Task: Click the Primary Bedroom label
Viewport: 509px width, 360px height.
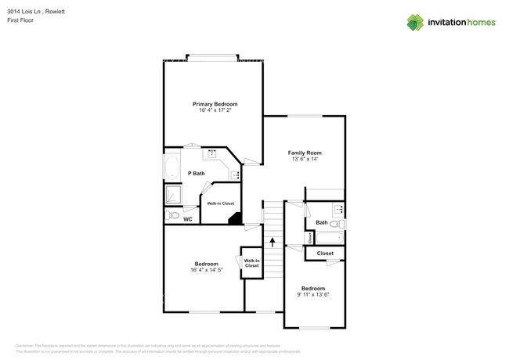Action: pyautogui.click(x=215, y=104)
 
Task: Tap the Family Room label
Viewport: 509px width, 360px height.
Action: pyautogui.click(x=305, y=153)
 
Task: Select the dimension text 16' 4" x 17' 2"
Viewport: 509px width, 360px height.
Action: pyautogui.click(x=215, y=111)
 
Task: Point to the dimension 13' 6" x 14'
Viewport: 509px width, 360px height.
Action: pyautogui.click(x=305, y=160)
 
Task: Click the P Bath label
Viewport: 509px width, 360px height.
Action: pyautogui.click(x=196, y=173)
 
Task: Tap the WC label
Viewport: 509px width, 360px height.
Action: pyautogui.click(x=188, y=219)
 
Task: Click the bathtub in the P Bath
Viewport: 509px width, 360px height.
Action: pyautogui.click(x=172, y=168)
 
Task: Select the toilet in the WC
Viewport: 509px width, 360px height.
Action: pyautogui.click(x=173, y=215)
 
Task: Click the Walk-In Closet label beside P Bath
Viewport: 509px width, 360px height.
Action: pyautogui.click(x=220, y=203)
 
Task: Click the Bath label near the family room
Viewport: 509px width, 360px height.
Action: pyautogui.click(x=322, y=222)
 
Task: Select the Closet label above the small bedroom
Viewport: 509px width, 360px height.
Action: pyautogui.click(x=325, y=253)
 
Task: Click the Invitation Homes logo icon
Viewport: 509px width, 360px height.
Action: pyautogui.click(x=415, y=22)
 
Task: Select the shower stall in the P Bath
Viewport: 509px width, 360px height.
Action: pyautogui.click(x=173, y=193)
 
